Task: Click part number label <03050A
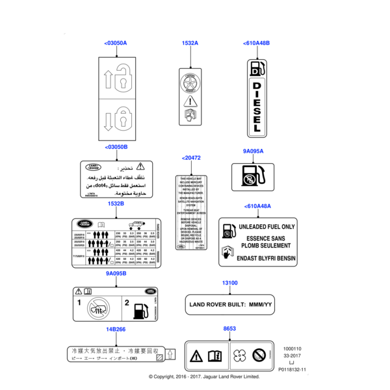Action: click(x=116, y=43)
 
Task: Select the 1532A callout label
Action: click(x=190, y=43)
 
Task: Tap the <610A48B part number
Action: click(x=257, y=43)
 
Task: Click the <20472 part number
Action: click(x=192, y=158)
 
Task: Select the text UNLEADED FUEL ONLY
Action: click(x=267, y=227)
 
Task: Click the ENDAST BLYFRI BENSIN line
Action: click(x=267, y=256)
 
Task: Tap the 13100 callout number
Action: click(x=229, y=283)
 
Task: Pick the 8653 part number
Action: click(x=229, y=329)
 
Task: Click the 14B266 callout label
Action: click(x=116, y=329)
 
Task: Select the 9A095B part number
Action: click(x=116, y=274)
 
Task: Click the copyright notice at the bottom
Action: click(x=204, y=376)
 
